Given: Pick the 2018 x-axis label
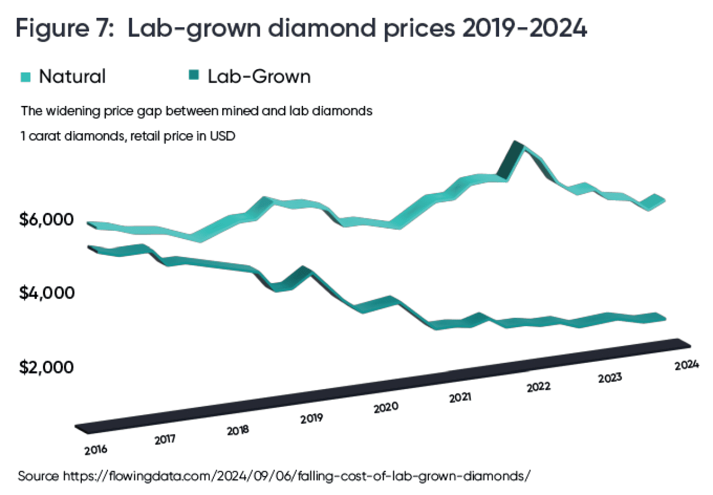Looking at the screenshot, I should click(238, 430).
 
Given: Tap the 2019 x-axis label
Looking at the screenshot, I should click(311, 419).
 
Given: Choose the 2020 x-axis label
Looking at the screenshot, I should click(385, 407).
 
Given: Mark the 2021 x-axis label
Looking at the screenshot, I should click(460, 397).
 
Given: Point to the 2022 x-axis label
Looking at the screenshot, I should click(538, 386).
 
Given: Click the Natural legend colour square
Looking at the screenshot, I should click(26, 77).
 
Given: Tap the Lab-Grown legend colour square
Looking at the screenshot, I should click(194, 77).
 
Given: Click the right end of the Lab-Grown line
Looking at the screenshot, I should click(666, 318).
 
